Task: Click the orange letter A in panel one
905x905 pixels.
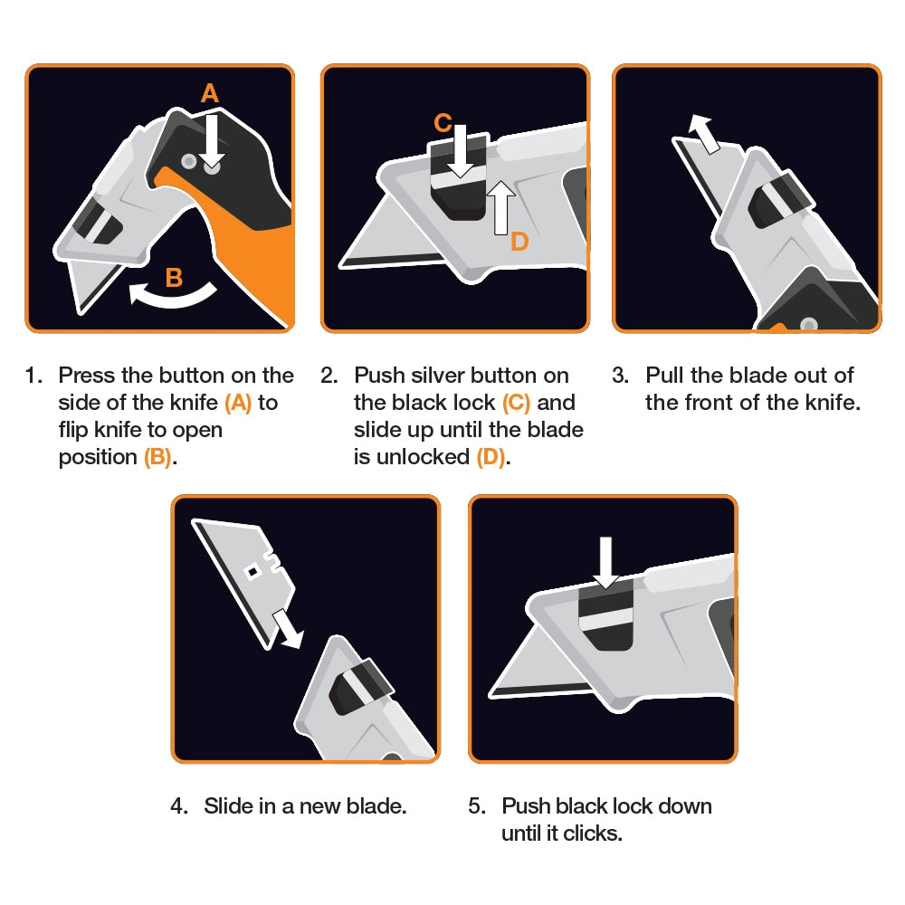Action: pyautogui.click(x=210, y=93)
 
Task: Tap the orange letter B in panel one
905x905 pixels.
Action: pyautogui.click(x=175, y=278)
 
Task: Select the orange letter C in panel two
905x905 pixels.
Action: pyautogui.click(x=443, y=123)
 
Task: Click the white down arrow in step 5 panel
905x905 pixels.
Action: pyautogui.click(x=606, y=561)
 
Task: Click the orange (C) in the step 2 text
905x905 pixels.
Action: pyautogui.click(x=516, y=403)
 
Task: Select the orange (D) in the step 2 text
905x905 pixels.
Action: pyautogui.click(x=491, y=457)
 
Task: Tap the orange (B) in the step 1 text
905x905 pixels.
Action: pyautogui.click(x=157, y=457)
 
